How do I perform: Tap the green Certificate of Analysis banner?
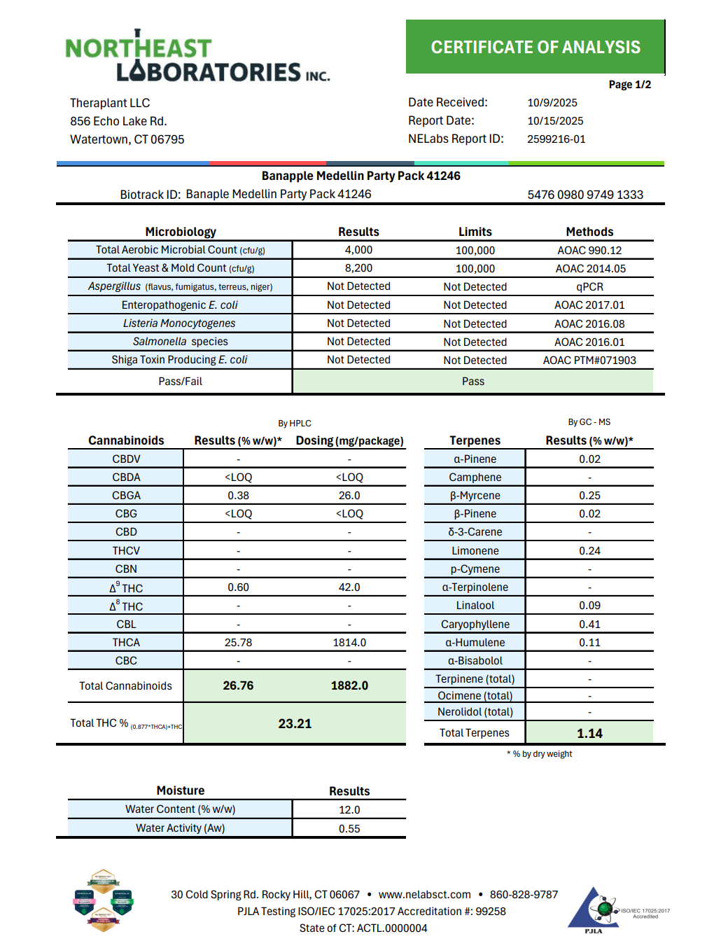(x=535, y=47)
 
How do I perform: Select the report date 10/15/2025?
(x=555, y=120)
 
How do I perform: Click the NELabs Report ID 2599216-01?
(x=556, y=139)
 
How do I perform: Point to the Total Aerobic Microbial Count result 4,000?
(x=358, y=250)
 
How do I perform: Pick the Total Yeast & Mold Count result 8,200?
(x=358, y=268)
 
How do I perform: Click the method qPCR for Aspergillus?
(x=589, y=286)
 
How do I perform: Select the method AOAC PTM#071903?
(x=589, y=360)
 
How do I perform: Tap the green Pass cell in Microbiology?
(x=472, y=381)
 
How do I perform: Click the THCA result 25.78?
(x=238, y=642)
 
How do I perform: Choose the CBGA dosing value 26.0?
(x=349, y=495)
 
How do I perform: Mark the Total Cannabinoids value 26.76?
(x=238, y=685)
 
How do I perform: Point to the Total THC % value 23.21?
(x=295, y=723)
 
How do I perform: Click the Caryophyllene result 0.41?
(x=589, y=624)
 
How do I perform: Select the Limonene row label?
(x=475, y=550)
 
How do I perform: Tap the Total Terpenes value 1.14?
(x=589, y=733)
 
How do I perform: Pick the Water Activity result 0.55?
(x=349, y=828)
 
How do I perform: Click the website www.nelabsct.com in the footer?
(x=424, y=894)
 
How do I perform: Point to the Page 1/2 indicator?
(x=629, y=85)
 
